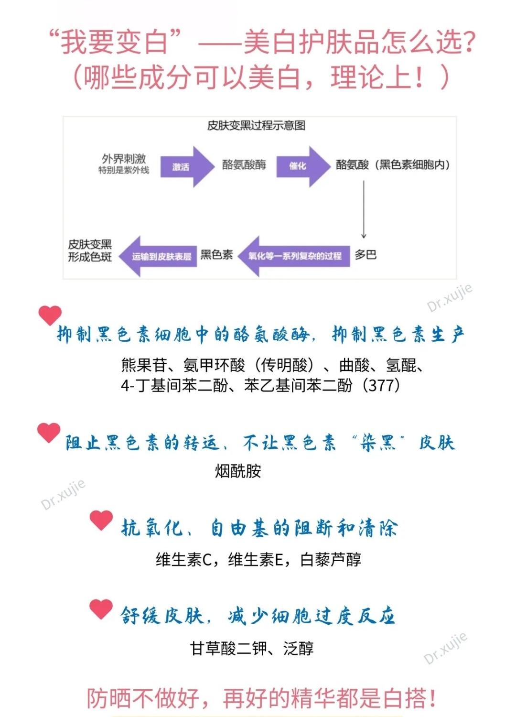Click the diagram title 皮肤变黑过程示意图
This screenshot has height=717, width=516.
[x=256, y=125]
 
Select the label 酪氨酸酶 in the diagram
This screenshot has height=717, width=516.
[x=244, y=165]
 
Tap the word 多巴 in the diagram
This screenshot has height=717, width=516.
[x=365, y=254]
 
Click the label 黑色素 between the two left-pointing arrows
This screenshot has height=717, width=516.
[x=216, y=254]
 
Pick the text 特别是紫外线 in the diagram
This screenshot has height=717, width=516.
[x=124, y=170]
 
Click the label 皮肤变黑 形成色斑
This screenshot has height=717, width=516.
[x=90, y=250]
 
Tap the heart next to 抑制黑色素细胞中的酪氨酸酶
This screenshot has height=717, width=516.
[x=50, y=315]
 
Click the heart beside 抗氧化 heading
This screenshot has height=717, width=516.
[x=101, y=520]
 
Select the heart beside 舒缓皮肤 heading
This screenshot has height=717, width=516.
[x=101, y=609]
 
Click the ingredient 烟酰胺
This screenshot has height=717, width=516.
[x=238, y=471]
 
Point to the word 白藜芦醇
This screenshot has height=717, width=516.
[x=331, y=559]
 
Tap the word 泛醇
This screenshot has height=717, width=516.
[x=298, y=648]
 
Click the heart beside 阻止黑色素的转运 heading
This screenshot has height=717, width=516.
[x=49, y=432]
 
